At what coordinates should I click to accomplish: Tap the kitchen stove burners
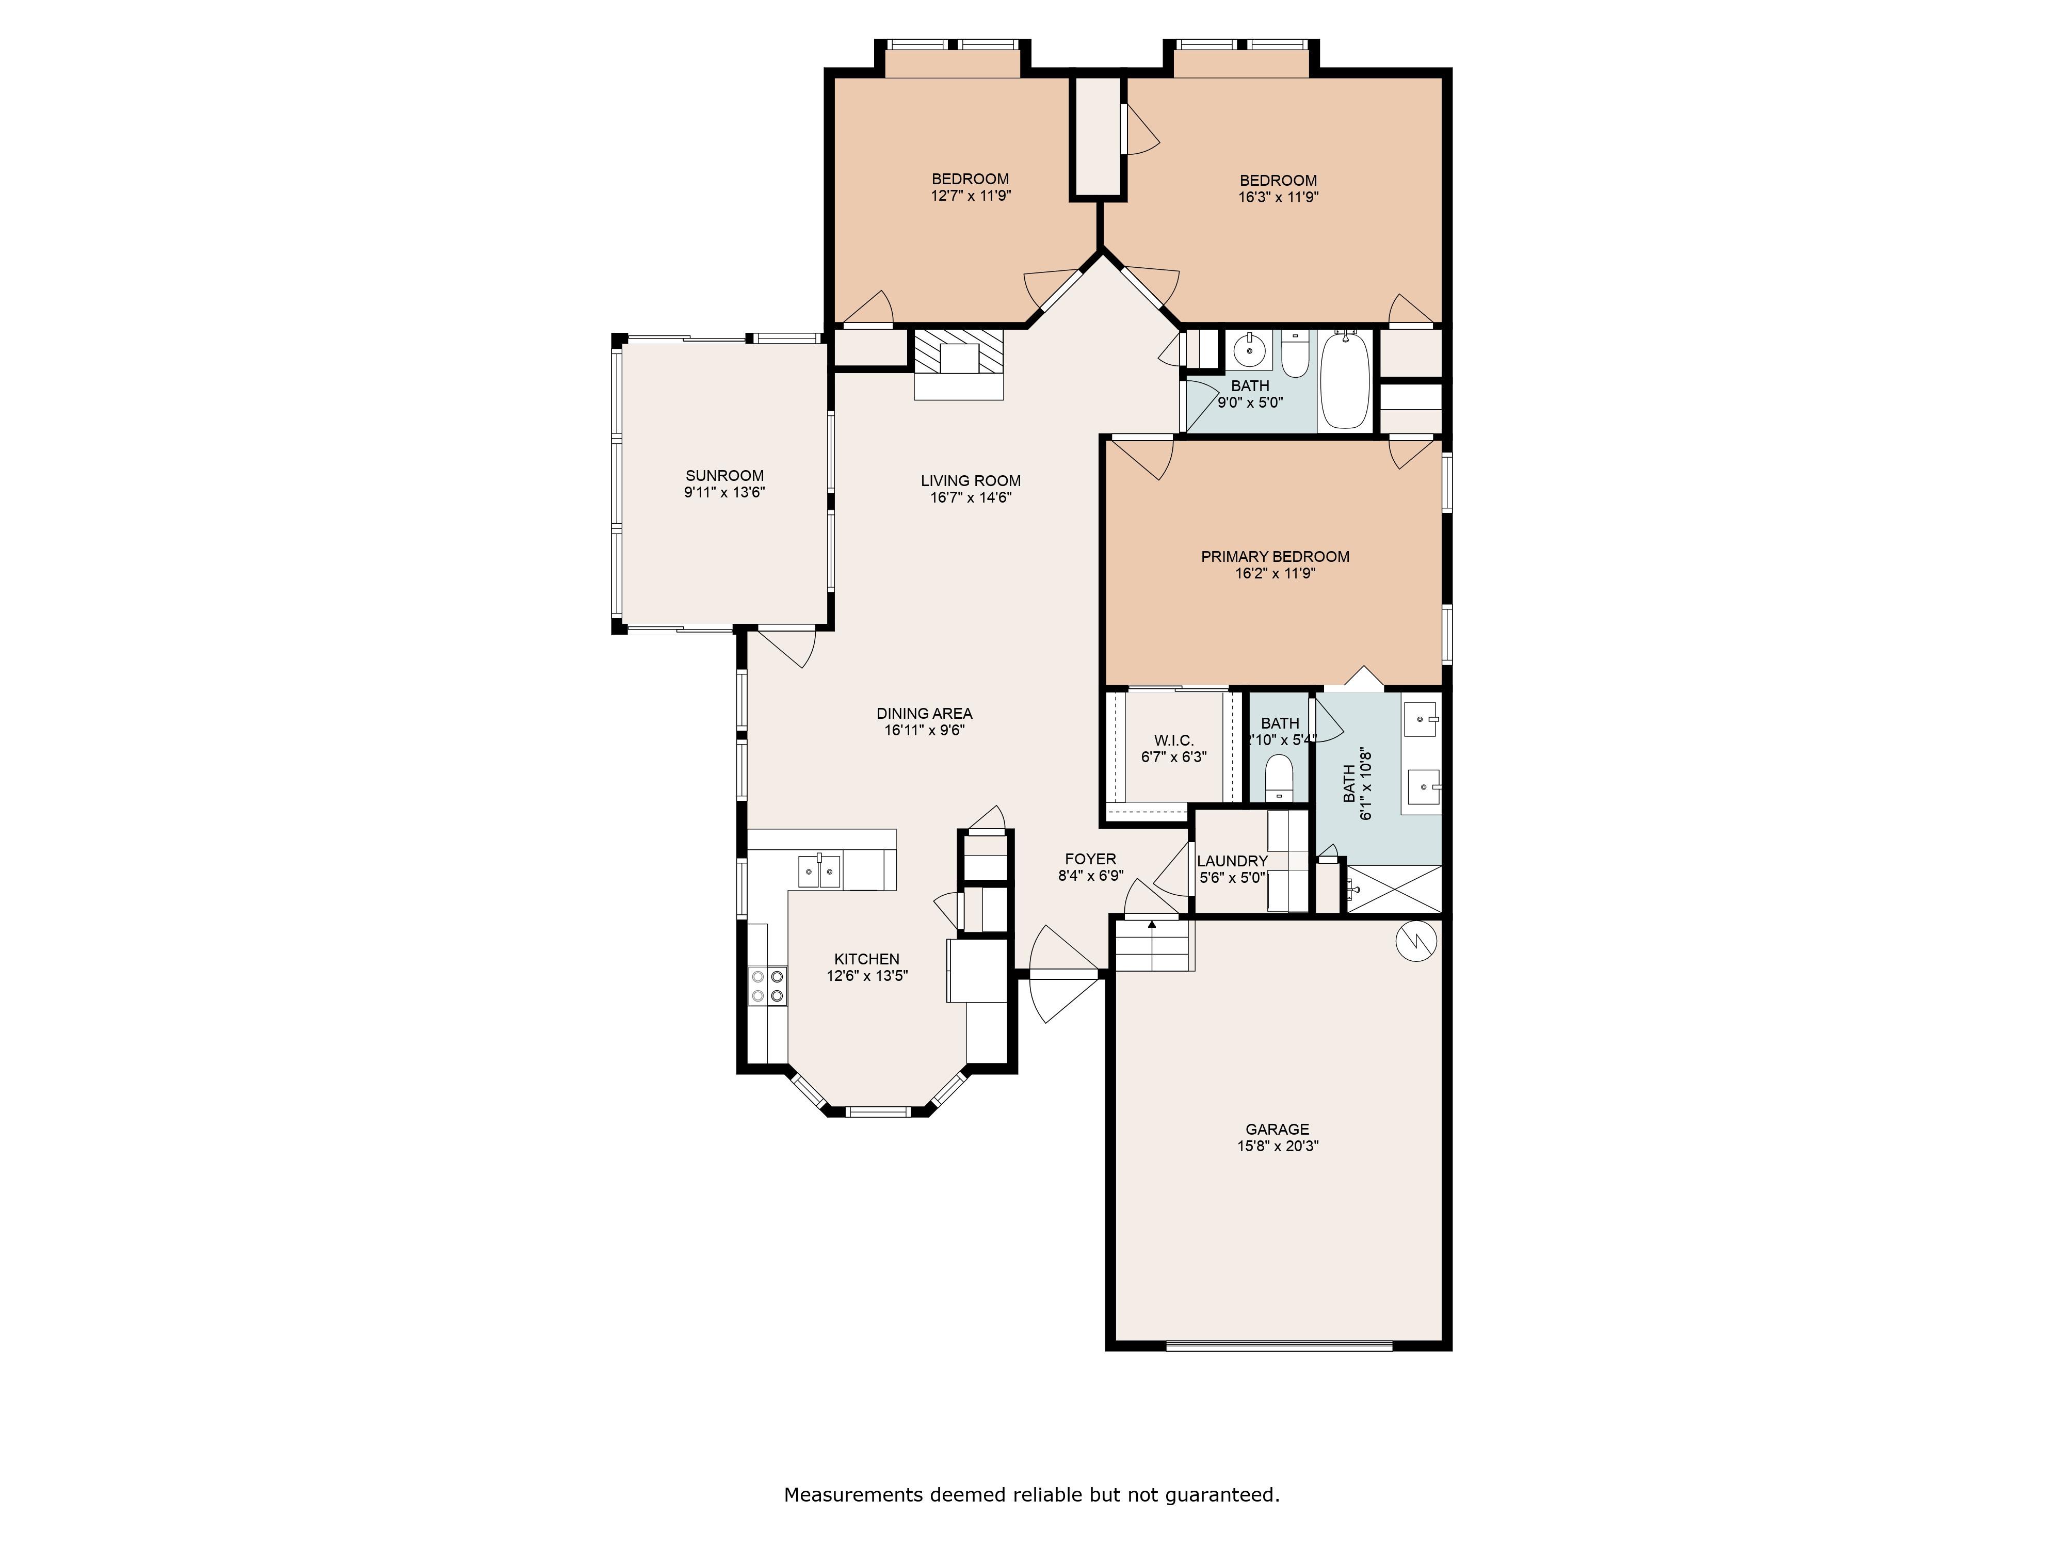tap(767, 986)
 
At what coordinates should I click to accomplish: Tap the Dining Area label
tap(924, 714)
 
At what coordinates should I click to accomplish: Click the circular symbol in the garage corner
tap(1415, 942)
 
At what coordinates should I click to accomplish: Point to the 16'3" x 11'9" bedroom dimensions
tap(1278, 197)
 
